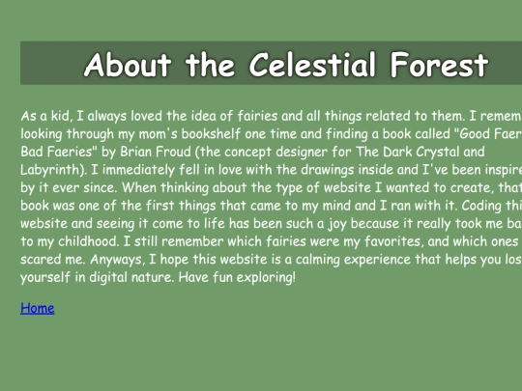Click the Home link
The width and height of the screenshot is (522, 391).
[37, 308]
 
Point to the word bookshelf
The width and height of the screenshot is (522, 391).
[207, 133]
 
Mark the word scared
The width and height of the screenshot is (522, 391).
[43, 262]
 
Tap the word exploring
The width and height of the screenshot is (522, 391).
[265, 280]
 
